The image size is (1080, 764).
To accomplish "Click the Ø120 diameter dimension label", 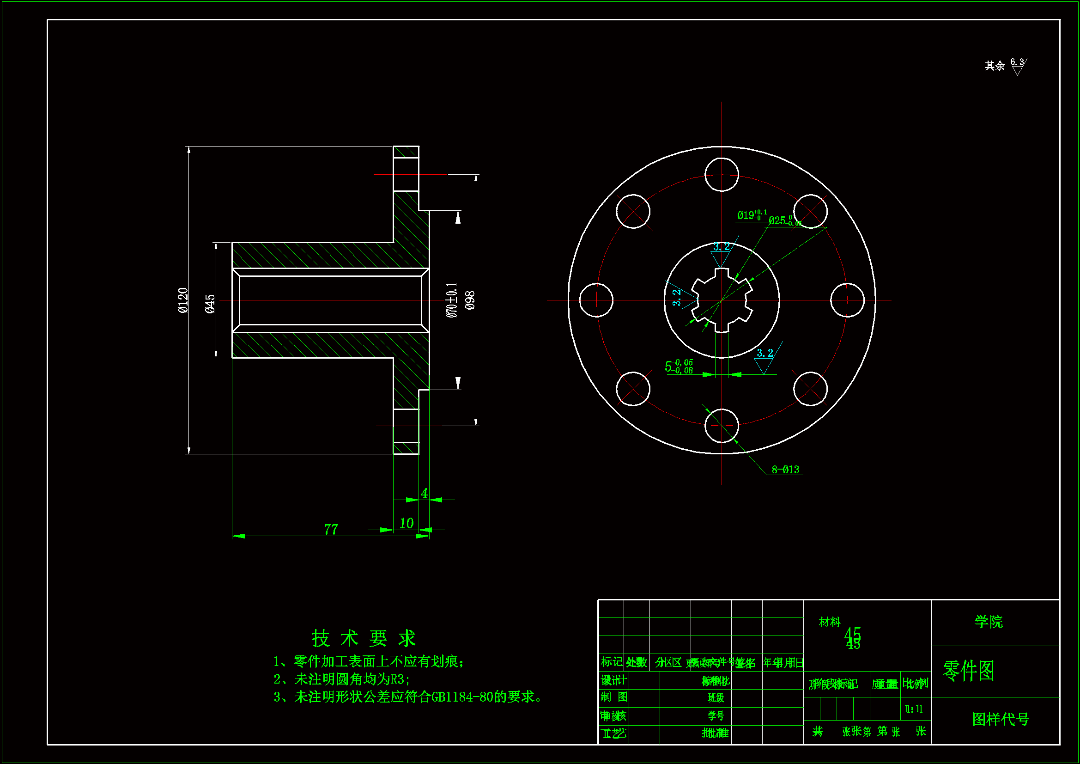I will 183,300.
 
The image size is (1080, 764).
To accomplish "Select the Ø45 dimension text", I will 210,304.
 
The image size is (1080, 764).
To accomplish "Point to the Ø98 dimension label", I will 470,300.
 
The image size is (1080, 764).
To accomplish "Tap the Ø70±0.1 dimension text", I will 452,300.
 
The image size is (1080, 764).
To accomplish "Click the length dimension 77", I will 331,530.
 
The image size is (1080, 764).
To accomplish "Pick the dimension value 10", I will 406,523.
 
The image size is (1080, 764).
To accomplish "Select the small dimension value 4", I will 424,493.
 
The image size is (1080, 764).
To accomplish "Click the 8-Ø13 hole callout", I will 785,470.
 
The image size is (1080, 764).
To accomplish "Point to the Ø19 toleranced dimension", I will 752,215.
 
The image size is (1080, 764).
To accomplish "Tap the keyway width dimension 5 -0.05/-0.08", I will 678,366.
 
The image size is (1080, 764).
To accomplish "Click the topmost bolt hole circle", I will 722,175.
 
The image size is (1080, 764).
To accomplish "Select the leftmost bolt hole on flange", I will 596,300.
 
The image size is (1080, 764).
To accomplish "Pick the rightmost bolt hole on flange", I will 847,300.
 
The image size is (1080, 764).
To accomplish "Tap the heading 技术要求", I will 364,638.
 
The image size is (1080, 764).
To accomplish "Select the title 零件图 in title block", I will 969,670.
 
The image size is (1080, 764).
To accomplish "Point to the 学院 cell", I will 988,622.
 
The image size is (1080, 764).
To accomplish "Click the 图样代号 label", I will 1000,719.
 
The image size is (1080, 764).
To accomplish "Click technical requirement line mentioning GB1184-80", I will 408,697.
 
